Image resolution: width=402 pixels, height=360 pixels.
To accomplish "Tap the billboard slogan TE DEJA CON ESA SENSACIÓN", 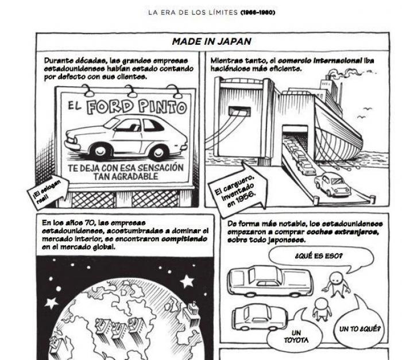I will (x=126, y=168).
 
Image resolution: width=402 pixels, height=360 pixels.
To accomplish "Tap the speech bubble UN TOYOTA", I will (x=296, y=336).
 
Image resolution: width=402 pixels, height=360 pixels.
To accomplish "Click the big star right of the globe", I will (x=187, y=281).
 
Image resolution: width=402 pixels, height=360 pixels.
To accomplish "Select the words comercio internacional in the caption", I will (x=327, y=60).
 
